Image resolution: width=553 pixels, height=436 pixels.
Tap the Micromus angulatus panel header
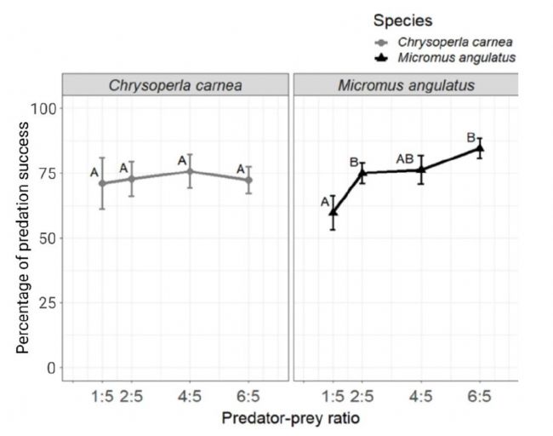405,85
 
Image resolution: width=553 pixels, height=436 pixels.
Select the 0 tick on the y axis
53,367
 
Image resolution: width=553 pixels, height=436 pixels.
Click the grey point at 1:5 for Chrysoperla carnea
103,183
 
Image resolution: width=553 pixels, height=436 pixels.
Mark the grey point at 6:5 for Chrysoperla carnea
248,180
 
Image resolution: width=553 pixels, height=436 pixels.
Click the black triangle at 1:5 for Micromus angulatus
333,212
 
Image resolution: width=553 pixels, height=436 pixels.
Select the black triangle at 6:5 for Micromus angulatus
481,148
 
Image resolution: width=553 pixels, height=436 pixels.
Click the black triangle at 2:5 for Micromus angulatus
362,172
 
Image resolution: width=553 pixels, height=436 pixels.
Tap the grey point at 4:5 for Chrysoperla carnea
190,171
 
